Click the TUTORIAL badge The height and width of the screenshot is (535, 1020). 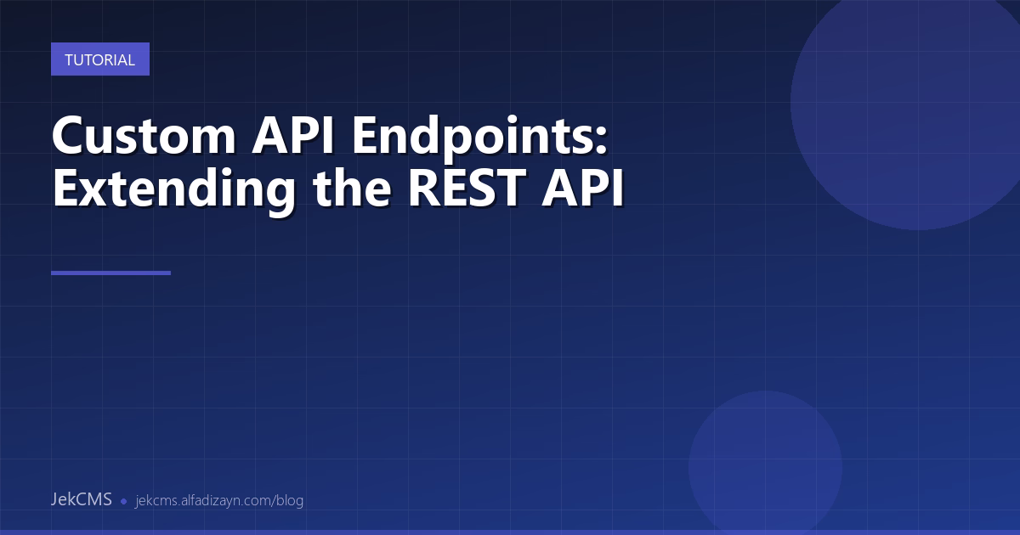[99, 59]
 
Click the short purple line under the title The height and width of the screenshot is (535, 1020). [110, 273]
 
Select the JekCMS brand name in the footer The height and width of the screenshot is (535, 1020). [81, 499]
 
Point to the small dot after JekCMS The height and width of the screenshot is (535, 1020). [123, 501]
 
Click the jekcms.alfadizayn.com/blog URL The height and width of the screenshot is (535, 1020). [219, 500]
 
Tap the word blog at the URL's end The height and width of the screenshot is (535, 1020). [289, 500]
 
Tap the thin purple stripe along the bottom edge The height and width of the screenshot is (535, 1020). [510, 532]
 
